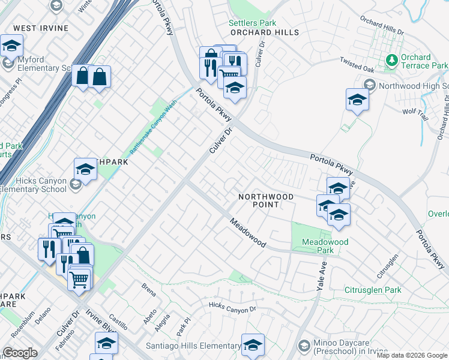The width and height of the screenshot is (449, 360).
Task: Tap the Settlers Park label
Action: coord(252,23)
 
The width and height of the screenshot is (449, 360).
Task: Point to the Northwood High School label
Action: coord(414,86)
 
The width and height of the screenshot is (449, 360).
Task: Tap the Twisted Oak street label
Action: coord(357,63)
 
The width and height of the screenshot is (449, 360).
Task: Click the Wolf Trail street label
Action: coord(414,110)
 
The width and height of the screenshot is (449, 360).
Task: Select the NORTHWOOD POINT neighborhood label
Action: coord(266,200)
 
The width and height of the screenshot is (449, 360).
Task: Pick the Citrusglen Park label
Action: coord(372,290)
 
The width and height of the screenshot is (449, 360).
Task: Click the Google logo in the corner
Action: coord(20,353)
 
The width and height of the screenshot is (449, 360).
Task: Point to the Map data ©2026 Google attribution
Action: coord(412,355)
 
